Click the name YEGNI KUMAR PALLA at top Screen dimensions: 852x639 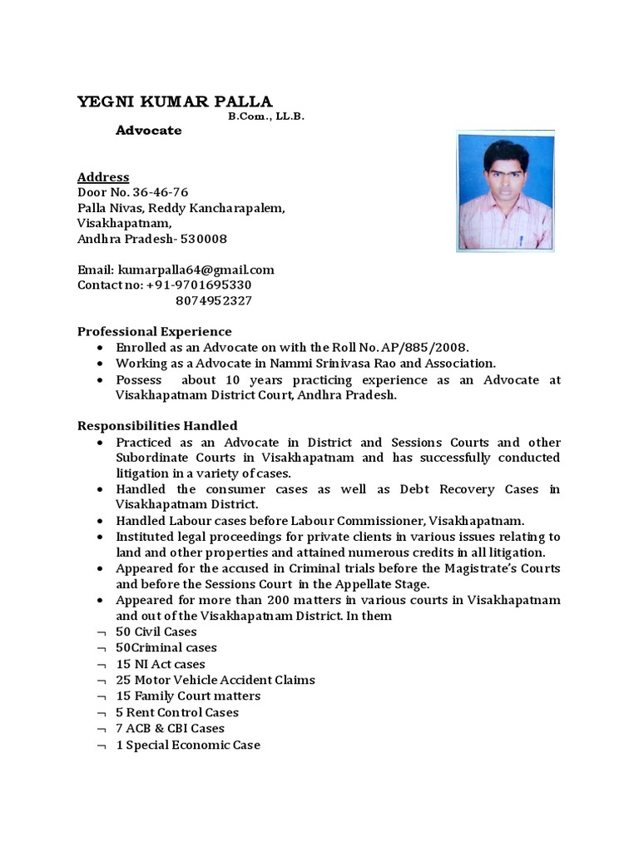pyautogui.click(x=175, y=102)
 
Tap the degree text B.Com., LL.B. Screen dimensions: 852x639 pyautogui.click(x=267, y=117)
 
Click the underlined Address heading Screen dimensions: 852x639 pyautogui.click(x=103, y=176)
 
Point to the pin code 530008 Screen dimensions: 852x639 pyautogui.click(x=204, y=239)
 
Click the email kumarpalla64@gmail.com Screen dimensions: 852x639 pyautogui.click(x=196, y=270)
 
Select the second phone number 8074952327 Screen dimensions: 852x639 pyautogui.click(x=215, y=300)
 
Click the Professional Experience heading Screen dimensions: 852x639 pyautogui.click(x=155, y=331)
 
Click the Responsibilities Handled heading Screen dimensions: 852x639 pyautogui.click(x=157, y=425)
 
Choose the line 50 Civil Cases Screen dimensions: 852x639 pyautogui.click(x=156, y=632)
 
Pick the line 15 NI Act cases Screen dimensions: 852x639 pyautogui.click(x=161, y=664)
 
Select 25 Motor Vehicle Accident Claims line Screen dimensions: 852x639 pyautogui.click(x=215, y=680)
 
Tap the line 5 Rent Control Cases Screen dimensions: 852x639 pyautogui.click(x=177, y=712)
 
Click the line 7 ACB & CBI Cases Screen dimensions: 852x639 pyautogui.click(x=171, y=728)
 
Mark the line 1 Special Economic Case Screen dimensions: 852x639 pyautogui.click(x=188, y=745)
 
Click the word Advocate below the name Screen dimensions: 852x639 pyautogui.click(x=149, y=131)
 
